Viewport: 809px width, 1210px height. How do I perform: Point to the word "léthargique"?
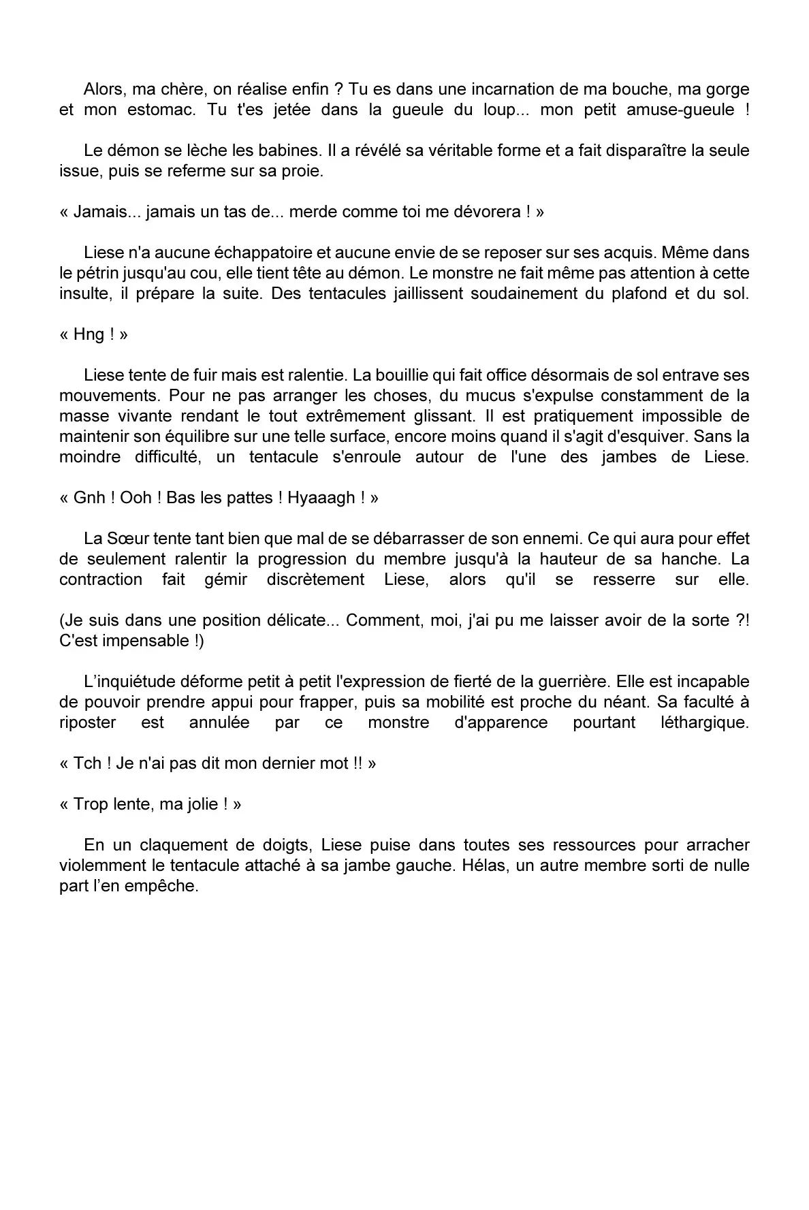[704, 722]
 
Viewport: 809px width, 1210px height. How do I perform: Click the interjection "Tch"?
[87, 763]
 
